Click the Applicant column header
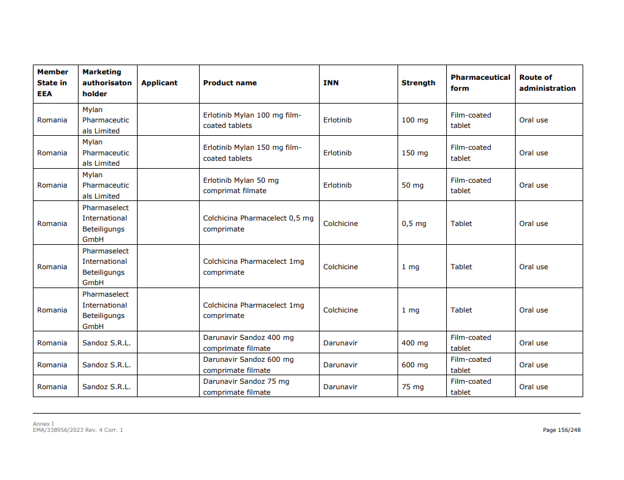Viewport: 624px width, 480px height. pos(160,83)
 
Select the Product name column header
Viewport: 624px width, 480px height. pos(230,83)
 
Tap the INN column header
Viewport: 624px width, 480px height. pos(331,83)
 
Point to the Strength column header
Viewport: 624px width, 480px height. pos(418,83)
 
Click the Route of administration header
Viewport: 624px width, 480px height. pos(547,83)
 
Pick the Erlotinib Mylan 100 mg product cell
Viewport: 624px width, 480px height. pos(252,120)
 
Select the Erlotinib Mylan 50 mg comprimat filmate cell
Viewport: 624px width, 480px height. pos(241,185)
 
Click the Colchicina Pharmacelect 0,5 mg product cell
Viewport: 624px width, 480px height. pos(258,224)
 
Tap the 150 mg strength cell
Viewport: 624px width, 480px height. pos(415,153)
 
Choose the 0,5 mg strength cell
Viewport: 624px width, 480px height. pos(414,224)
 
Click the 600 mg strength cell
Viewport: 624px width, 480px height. pos(415,365)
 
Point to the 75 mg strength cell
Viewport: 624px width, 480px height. pos(412,387)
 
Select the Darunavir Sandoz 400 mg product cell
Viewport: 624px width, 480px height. pos(248,343)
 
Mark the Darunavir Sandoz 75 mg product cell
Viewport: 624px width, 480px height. pos(246,387)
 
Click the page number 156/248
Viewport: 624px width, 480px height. pos(561,430)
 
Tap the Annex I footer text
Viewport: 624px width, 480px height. pos(43,423)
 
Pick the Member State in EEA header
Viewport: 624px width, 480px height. pos(53,83)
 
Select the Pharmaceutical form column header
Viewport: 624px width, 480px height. pos(480,83)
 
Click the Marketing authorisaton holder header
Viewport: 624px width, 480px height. pos(107,83)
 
